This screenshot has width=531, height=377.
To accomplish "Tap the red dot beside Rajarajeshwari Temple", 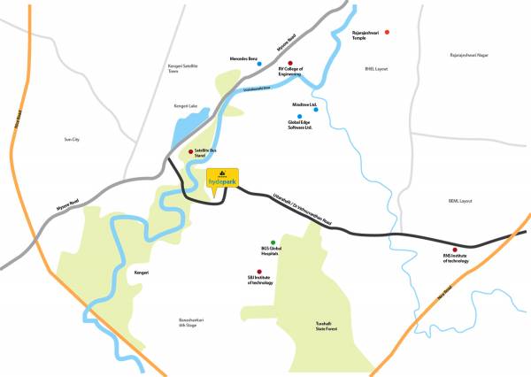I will click(x=387, y=32).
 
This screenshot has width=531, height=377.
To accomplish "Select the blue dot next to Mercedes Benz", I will click(x=258, y=64).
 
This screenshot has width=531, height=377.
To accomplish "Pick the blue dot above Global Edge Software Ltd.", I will click(x=299, y=116).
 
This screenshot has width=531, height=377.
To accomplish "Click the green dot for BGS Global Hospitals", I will click(x=273, y=242).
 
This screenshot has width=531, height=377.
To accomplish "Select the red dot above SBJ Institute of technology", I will click(x=259, y=272).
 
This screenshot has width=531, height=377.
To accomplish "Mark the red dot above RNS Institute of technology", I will click(x=455, y=250).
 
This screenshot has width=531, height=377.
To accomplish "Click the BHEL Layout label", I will click(x=376, y=68).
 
